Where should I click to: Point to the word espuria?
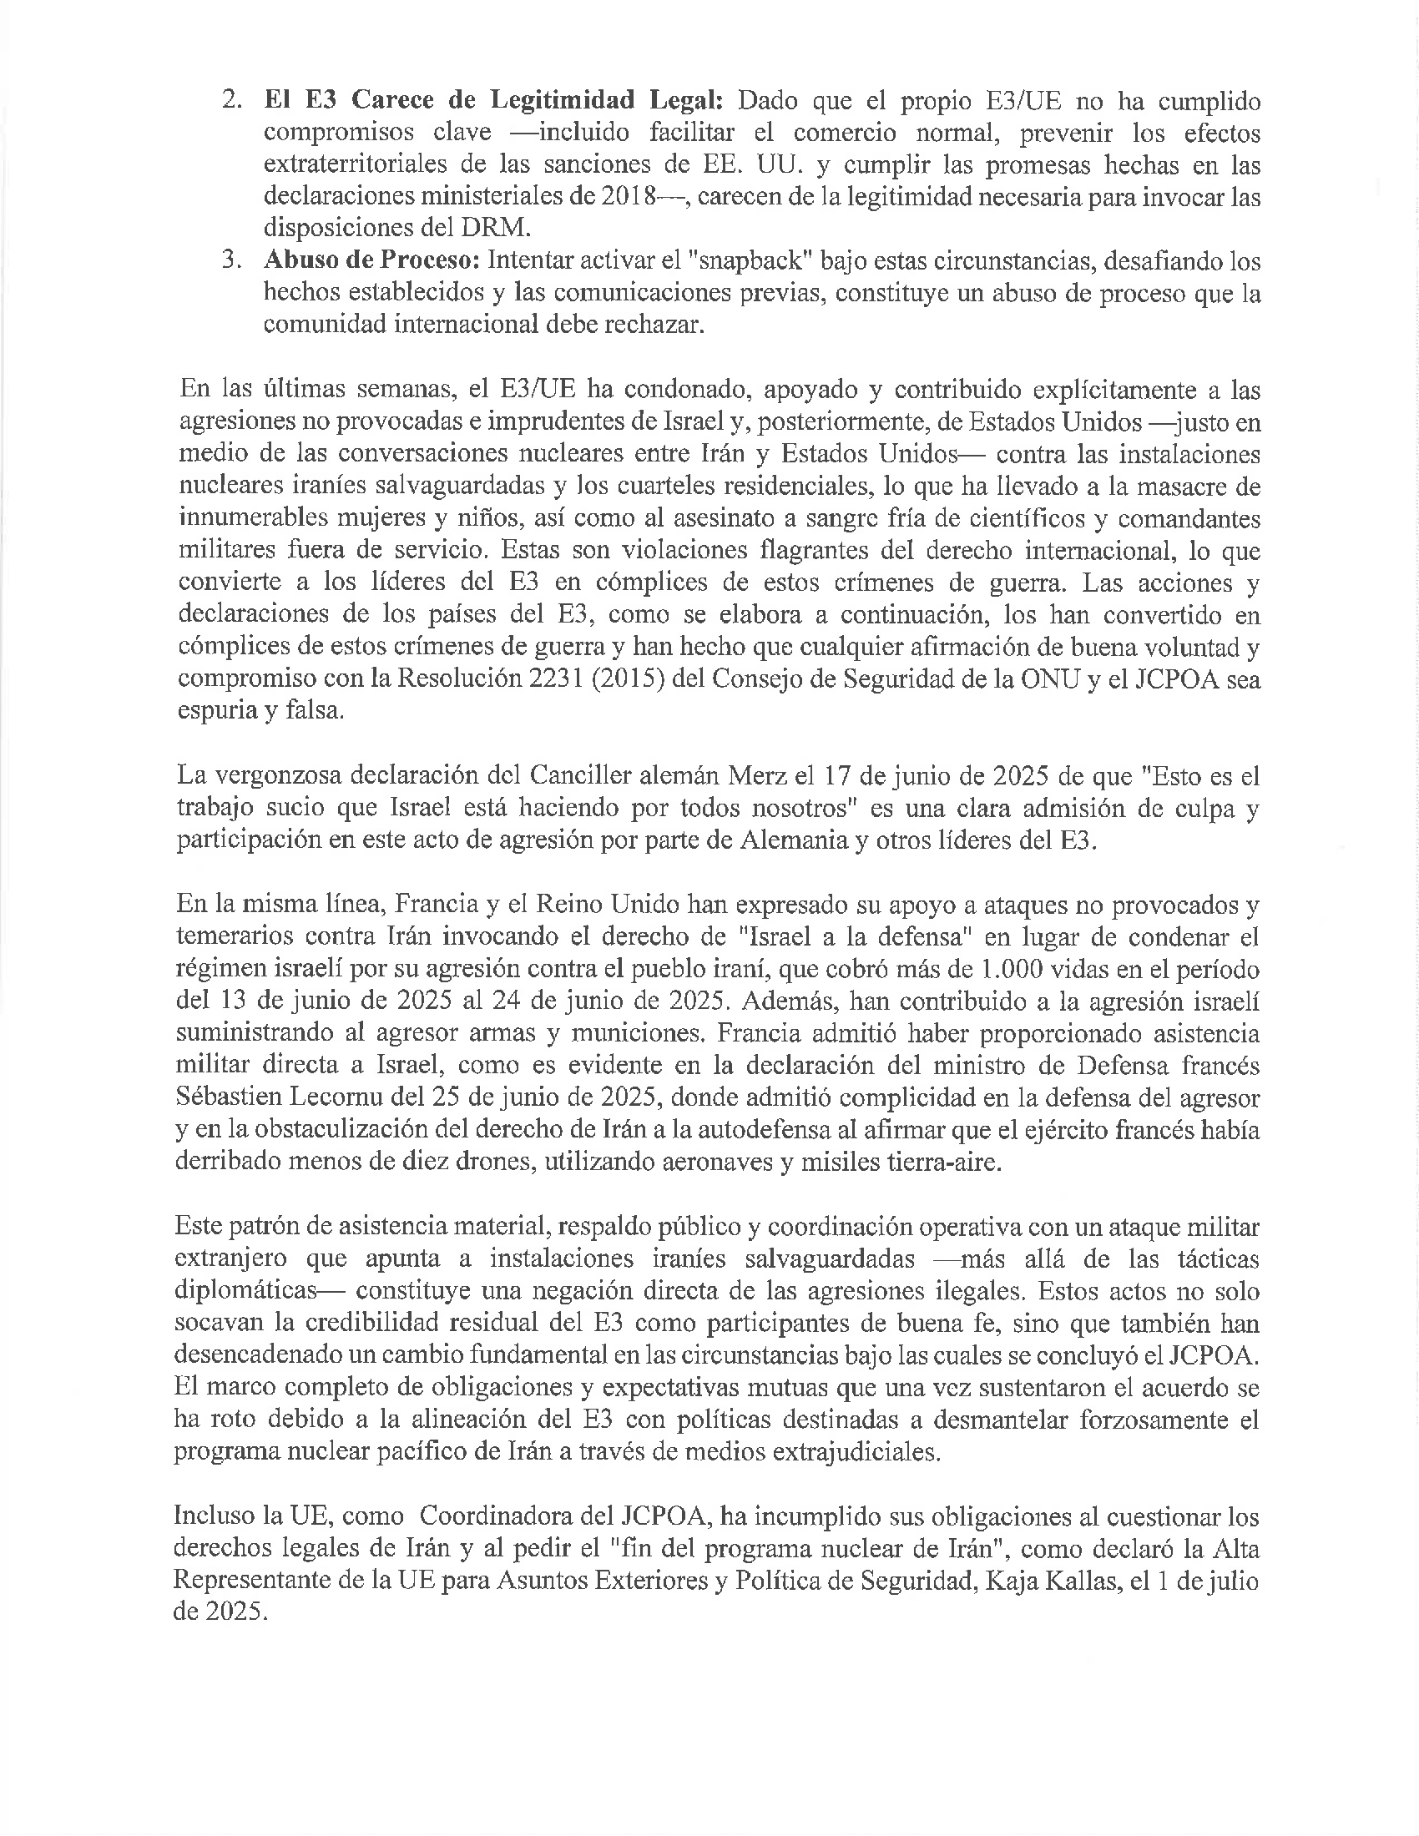pyautogui.click(x=215, y=711)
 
